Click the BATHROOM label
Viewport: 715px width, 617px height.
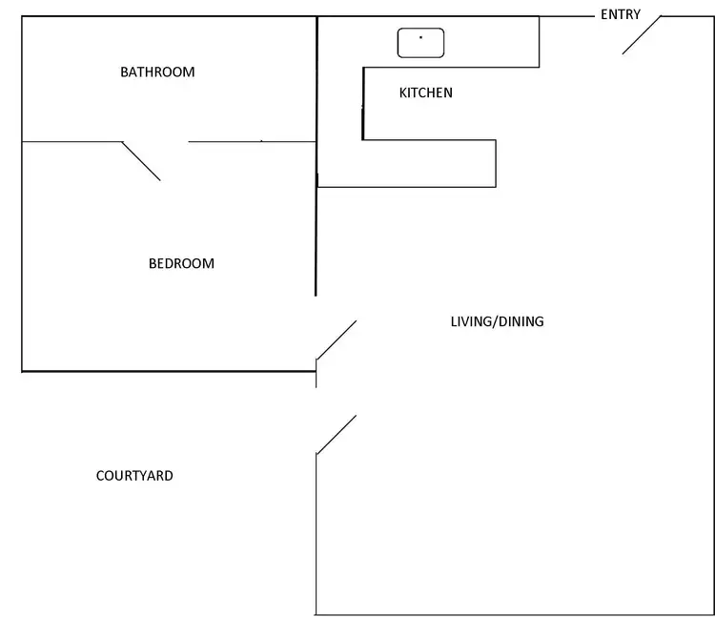[157, 72]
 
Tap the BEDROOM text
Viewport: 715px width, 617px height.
[181, 264]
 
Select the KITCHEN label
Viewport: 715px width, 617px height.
[425, 93]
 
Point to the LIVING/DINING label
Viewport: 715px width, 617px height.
[497, 321]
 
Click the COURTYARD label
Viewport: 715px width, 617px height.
[134, 476]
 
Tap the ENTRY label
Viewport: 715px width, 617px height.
[620, 15]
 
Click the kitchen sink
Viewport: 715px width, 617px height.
[421, 42]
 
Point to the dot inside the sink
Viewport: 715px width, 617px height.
[420, 37]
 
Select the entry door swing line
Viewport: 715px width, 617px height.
[642, 35]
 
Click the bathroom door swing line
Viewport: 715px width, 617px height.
[141, 161]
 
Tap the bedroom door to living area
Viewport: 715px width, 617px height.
[337, 340]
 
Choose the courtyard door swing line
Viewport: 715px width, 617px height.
[337, 434]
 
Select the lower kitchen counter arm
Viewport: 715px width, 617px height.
[429, 164]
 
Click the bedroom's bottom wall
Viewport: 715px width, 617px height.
[168, 370]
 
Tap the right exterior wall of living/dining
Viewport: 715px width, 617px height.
[714, 315]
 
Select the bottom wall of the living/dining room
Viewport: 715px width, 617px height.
[515, 614]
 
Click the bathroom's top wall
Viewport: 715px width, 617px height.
[168, 17]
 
